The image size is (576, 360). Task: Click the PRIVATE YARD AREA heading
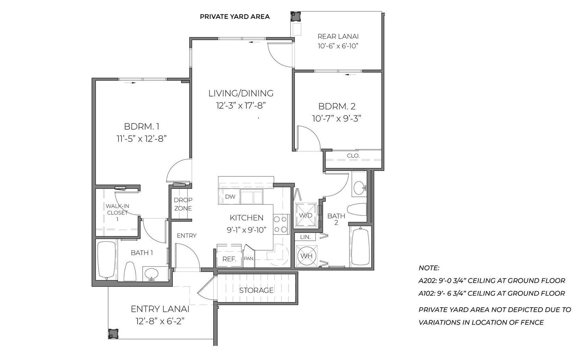pyautogui.click(x=235, y=17)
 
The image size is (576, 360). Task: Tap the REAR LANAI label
pyautogui.click(x=338, y=36)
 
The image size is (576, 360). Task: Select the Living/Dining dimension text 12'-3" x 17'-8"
pyautogui.click(x=241, y=106)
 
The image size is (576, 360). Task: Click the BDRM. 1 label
pyautogui.click(x=142, y=127)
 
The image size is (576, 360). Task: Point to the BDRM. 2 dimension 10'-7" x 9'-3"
pyautogui.click(x=337, y=119)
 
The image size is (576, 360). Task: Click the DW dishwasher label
pyautogui.click(x=230, y=197)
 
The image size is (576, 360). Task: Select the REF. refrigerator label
pyautogui.click(x=229, y=259)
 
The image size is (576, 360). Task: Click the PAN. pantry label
pyautogui.click(x=249, y=259)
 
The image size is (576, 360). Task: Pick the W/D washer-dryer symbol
pyautogui.click(x=305, y=215)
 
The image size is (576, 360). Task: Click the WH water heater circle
pyautogui.click(x=306, y=256)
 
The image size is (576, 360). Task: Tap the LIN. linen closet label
pyautogui.click(x=305, y=237)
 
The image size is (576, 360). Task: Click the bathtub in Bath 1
pyautogui.click(x=106, y=260)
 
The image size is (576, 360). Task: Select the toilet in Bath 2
pyautogui.click(x=357, y=209)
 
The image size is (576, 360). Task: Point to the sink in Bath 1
pyautogui.click(x=151, y=274)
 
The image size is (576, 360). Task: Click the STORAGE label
pyautogui.click(x=256, y=290)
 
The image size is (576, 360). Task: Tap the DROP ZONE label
pyautogui.click(x=183, y=204)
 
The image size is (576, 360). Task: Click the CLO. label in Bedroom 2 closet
pyautogui.click(x=353, y=156)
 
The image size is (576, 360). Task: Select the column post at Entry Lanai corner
pyautogui.click(x=113, y=334)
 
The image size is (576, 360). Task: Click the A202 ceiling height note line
pyautogui.click(x=492, y=280)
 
